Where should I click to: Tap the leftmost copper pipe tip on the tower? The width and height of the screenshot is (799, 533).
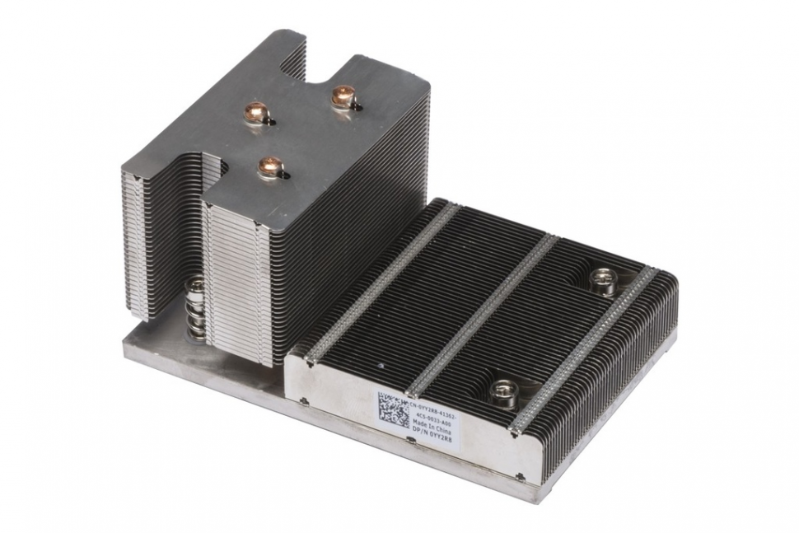pos(256,113)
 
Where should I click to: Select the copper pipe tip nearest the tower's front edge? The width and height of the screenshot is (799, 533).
pos(270,167)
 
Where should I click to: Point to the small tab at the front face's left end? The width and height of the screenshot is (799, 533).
pos(304,402)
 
